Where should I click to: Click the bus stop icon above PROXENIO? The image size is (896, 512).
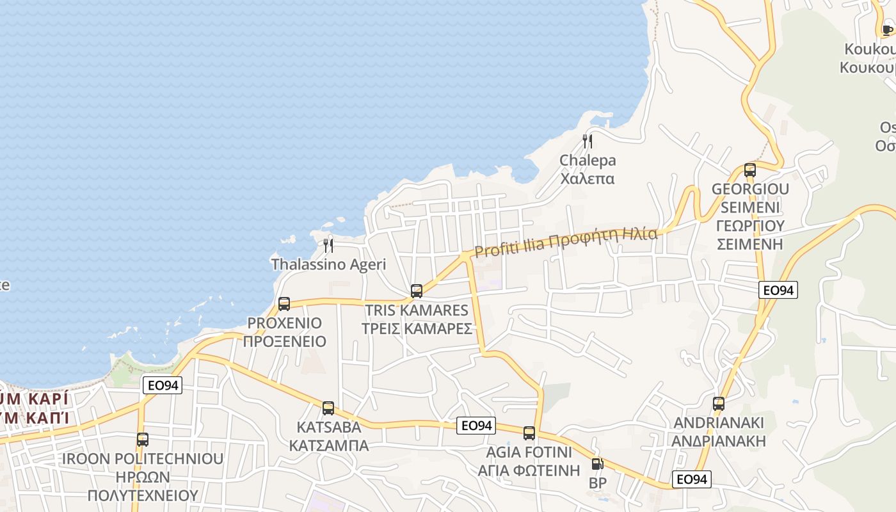click(284, 304)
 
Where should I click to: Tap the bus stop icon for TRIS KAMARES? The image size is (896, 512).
click(417, 291)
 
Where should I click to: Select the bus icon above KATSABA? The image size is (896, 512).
click(328, 408)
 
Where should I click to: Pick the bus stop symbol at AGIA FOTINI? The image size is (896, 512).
click(529, 433)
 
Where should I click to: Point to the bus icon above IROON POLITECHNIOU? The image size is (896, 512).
click(143, 440)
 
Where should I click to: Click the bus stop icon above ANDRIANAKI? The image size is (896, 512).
click(719, 404)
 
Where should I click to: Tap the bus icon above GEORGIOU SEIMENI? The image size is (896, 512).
click(750, 170)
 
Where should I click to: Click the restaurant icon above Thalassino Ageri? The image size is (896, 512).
click(328, 245)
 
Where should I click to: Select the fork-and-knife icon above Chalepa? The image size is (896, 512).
click(588, 141)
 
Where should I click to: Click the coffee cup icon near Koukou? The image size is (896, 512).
click(887, 29)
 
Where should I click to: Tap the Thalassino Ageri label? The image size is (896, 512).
click(328, 264)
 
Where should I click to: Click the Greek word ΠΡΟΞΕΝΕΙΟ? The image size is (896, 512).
click(285, 341)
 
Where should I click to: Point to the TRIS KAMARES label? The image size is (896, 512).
click(417, 310)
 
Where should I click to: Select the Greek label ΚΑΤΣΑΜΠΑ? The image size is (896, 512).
click(329, 445)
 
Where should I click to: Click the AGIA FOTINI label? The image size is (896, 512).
click(529, 452)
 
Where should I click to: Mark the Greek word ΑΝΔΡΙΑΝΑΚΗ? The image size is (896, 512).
click(719, 441)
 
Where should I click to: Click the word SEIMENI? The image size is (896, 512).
click(750, 207)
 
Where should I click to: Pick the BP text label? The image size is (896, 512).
click(597, 483)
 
